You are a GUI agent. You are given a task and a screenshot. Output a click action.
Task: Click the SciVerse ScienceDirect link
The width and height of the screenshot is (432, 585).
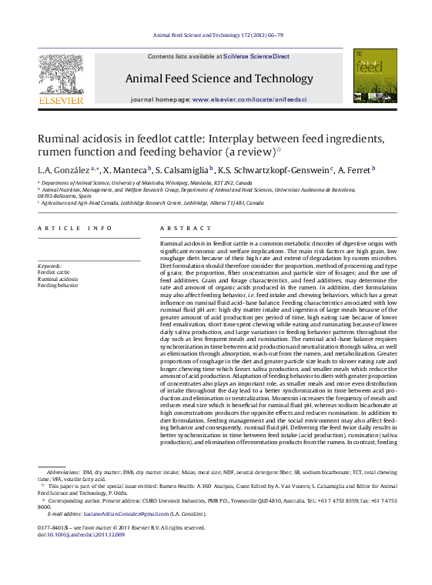(256, 57)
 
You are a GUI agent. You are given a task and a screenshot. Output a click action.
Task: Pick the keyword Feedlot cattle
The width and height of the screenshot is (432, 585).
(53, 272)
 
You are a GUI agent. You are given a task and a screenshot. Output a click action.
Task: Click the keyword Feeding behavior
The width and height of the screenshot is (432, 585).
(58, 285)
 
